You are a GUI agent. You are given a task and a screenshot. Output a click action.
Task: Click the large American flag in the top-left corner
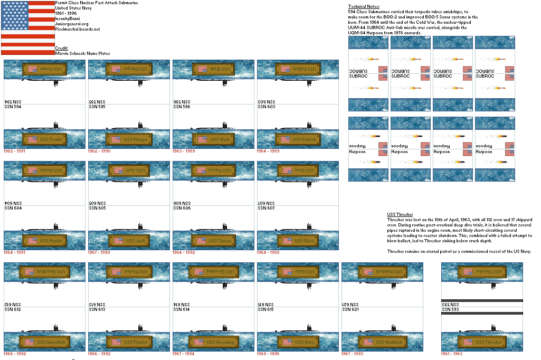click(27, 27)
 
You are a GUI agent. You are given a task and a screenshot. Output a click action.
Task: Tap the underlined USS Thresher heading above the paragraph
click(400, 214)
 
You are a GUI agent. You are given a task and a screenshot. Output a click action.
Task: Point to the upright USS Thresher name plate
click(482, 342)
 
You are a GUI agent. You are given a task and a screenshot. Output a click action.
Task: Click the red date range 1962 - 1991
click(14, 151)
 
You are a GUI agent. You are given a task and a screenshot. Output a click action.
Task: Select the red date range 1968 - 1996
click(268, 354)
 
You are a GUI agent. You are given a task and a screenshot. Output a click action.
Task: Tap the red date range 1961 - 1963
click(452, 354)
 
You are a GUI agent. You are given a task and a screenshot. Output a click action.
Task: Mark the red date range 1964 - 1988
click(268, 252)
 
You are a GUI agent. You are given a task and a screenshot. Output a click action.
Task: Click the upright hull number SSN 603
click(267, 107)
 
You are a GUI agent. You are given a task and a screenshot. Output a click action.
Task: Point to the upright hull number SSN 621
click(351, 309)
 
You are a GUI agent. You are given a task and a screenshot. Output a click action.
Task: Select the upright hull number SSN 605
click(98, 208)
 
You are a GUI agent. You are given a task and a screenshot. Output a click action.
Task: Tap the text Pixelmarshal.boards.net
click(78, 29)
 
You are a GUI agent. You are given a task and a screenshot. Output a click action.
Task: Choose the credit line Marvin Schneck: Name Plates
click(82, 53)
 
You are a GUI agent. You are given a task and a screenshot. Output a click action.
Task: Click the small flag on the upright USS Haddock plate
click(367, 342)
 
